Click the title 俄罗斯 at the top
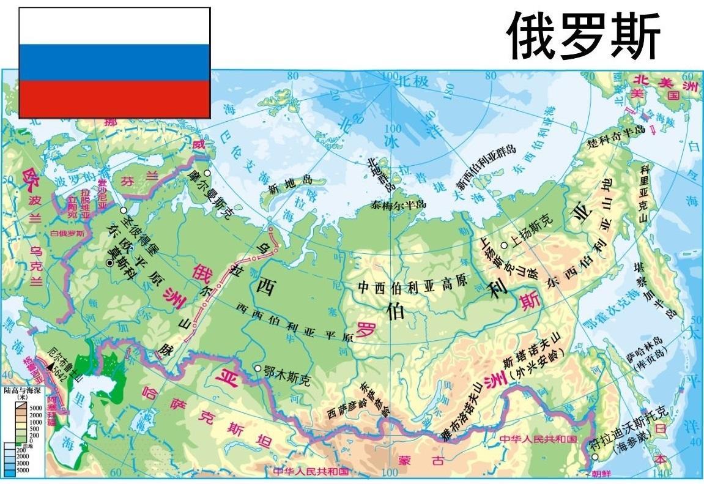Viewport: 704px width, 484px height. click(584, 37)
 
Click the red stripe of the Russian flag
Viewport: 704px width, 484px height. click(114, 99)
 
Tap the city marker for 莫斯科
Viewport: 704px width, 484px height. click(109, 262)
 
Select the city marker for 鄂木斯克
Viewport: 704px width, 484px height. click(258, 368)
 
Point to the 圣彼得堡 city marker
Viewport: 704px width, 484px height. click(124, 210)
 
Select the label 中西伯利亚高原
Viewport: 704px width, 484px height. click(413, 286)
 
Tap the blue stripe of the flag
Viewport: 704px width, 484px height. click(114, 62)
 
